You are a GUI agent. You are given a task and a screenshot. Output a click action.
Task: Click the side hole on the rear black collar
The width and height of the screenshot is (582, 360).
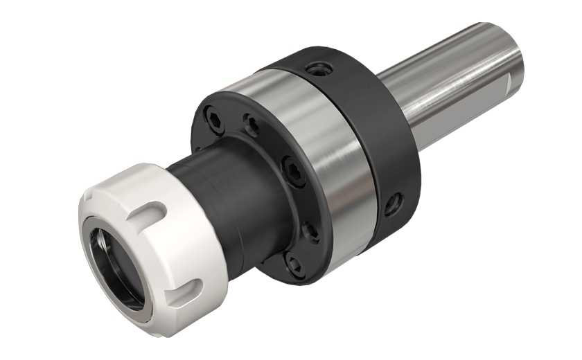394,201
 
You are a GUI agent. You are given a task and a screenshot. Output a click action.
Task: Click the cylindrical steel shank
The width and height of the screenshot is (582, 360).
450,69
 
